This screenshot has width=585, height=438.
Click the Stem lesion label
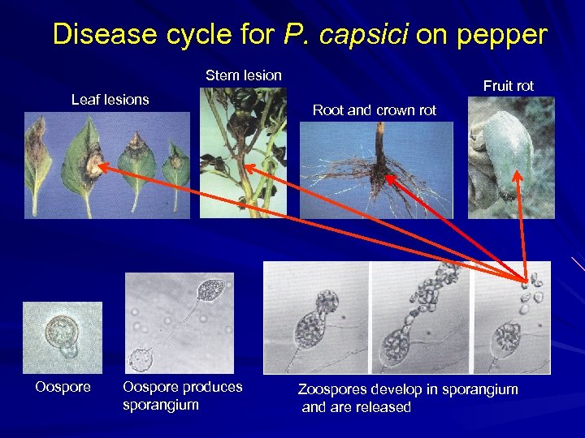pos(243,75)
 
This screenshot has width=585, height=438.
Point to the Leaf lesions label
pos(110,100)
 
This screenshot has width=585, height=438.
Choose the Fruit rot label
pos(508,86)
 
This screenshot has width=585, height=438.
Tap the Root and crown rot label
pos(375,110)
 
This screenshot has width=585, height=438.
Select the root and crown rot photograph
pos(376,170)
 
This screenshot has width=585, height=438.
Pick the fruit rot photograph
pos(511,157)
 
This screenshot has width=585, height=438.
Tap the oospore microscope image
pos(63,337)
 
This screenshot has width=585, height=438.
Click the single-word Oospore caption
pos(63,387)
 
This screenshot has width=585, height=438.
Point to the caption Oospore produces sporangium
pos(182,395)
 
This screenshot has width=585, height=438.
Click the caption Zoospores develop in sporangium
pos(407,397)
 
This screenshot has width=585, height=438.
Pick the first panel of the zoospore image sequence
pos(316,317)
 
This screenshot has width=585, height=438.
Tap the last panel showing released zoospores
pos(512,317)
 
